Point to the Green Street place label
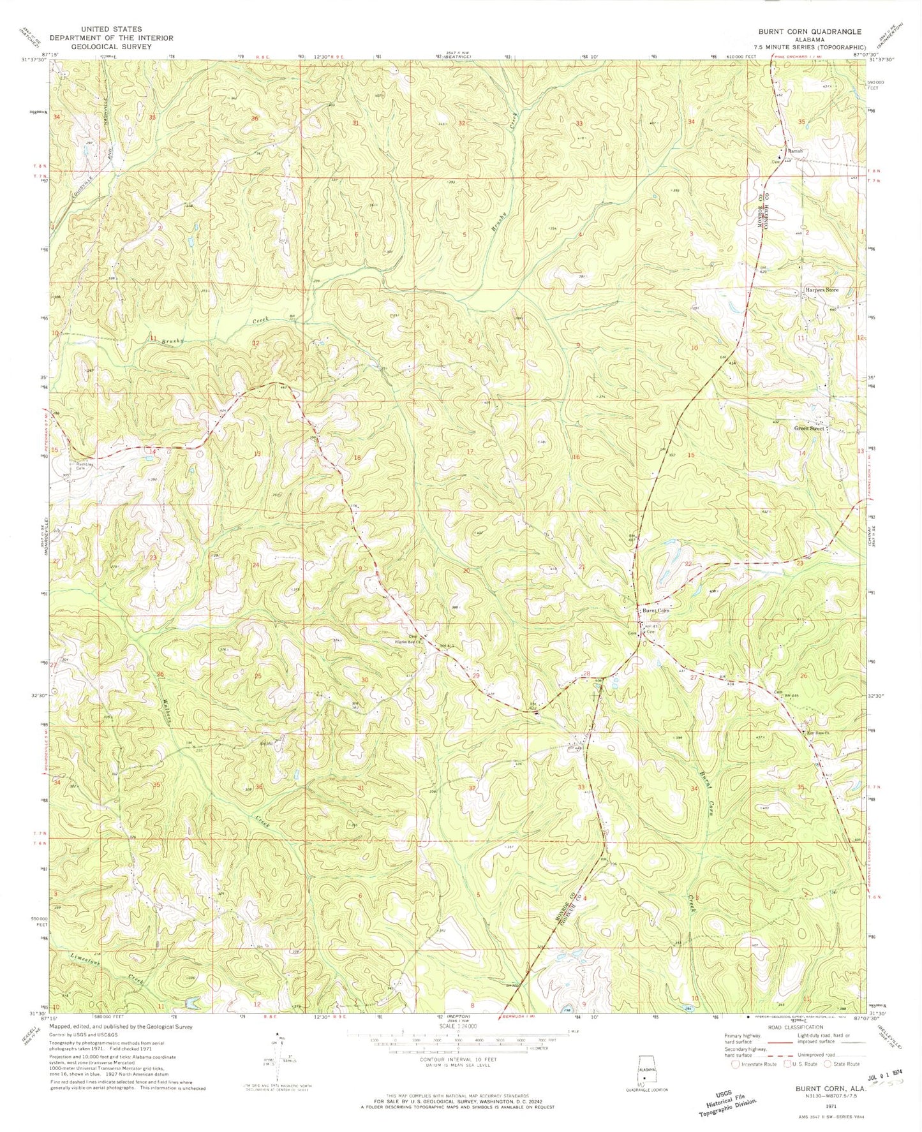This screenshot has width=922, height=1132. pyautogui.click(x=809, y=429)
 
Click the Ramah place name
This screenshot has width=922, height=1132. pyautogui.click(x=794, y=151)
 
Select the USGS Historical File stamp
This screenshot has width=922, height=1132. pyautogui.click(x=728, y=1096)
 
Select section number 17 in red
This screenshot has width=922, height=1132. pyautogui.click(x=470, y=452)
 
